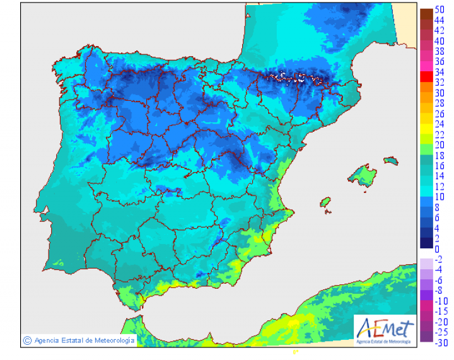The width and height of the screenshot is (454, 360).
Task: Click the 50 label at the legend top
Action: coord(439,9)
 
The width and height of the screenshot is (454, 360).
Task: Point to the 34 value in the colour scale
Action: coord(439,72)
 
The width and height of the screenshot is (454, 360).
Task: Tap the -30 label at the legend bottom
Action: coord(441,342)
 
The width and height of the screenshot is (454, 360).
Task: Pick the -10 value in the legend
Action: coord(441,300)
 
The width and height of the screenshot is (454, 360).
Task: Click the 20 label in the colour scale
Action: coord(439,144)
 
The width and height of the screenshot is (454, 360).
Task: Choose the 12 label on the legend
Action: coord(439,186)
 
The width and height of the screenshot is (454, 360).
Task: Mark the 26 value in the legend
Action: coord(439,113)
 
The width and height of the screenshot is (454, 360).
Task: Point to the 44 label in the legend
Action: coord(439,20)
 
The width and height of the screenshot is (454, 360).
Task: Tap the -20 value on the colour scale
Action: coord(441,321)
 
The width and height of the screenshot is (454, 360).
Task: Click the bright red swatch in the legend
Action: coord(426,76)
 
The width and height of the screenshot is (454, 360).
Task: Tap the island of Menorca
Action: coord(391,160)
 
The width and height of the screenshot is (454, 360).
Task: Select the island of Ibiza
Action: coord(325,202)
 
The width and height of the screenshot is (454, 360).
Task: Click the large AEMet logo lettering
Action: coord(385,328)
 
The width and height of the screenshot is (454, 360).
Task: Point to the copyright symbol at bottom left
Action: coord(27,340)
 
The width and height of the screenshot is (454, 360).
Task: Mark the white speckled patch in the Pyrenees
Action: coord(291,78)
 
